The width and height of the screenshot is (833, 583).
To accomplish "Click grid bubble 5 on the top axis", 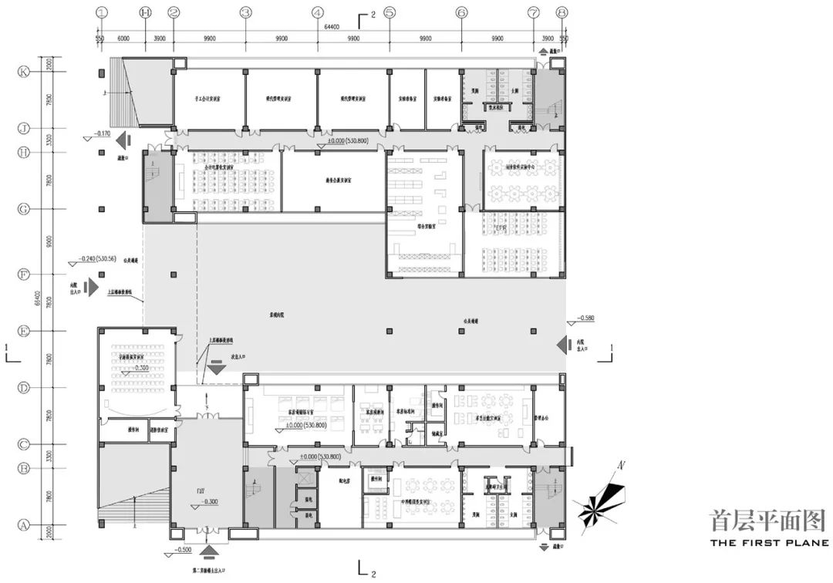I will (390, 12).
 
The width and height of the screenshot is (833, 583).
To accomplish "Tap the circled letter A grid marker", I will (23, 524).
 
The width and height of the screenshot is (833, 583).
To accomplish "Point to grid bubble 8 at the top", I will (562, 12).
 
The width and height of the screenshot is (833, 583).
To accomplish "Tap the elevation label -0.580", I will (585, 317).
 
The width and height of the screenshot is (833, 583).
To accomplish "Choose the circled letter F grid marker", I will (23, 274).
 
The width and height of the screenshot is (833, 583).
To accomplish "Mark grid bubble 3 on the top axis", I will (245, 12).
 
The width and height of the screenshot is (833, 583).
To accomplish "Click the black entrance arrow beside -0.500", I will (209, 551).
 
